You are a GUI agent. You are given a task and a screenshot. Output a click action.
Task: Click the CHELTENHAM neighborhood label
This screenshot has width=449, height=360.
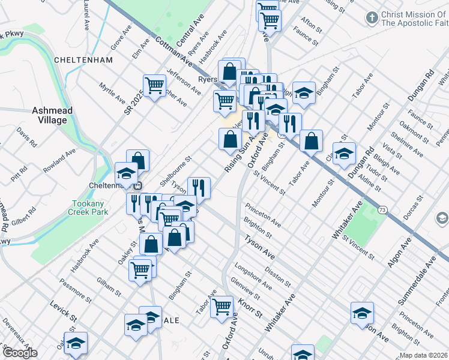(83, 60)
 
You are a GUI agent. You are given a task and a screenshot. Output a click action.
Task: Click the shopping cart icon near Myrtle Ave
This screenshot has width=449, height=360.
(154, 86)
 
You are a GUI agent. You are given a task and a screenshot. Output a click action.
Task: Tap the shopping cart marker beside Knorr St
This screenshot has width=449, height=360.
(222, 307)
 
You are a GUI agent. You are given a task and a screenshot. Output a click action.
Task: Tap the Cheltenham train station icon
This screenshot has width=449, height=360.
(138, 185)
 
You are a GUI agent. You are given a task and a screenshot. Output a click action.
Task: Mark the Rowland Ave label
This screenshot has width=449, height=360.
(61, 161)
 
